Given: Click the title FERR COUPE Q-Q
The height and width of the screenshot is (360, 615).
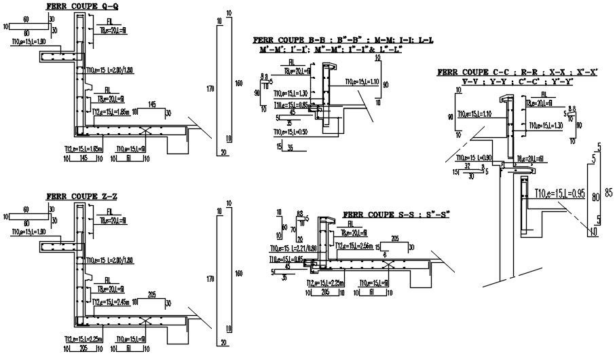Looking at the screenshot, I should (77, 7).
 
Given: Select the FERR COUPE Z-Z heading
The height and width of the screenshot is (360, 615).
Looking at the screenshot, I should (82, 196).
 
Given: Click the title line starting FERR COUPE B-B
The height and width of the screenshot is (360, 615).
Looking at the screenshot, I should (343, 39).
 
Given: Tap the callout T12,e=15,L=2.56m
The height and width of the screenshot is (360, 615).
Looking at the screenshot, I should (355, 247).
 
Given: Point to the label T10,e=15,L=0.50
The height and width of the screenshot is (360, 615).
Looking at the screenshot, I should (291, 131).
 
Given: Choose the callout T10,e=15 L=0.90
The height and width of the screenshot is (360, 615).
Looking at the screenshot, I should (476, 158).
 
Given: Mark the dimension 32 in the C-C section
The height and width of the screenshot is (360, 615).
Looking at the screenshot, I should (467, 165).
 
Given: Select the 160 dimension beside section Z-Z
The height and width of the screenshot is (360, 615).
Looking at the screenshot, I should (238, 274).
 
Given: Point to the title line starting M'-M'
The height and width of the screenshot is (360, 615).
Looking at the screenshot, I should (336, 50).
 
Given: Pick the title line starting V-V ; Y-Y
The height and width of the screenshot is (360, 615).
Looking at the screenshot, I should (517, 81).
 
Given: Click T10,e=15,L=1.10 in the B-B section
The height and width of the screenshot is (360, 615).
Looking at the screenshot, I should (362, 81).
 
